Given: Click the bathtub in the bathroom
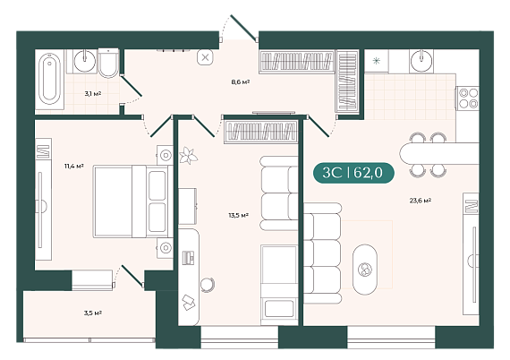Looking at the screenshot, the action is [x=49, y=80].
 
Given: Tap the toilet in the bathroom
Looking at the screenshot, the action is [x=108, y=64].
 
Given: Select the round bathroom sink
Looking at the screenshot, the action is [x=85, y=61].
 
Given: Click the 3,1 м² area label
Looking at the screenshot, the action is [x=93, y=94].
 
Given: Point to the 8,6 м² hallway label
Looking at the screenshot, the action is [x=241, y=81].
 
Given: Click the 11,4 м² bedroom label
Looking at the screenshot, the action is [x=74, y=166].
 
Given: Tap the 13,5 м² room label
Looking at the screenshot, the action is [x=238, y=215].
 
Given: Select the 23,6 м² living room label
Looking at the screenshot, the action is [x=421, y=201].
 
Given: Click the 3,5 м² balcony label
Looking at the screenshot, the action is [x=93, y=313].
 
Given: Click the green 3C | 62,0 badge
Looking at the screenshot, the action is [x=353, y=173].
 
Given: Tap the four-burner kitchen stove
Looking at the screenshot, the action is [x=468, y=98].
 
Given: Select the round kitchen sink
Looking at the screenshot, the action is [x=421, y=61].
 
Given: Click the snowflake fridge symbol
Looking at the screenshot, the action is [x=377, y=61].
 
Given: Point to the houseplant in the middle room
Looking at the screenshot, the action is [x=188, y=155].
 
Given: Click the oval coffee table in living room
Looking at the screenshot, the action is [x=365, y=270].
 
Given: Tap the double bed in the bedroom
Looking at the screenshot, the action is [x=133, y=201].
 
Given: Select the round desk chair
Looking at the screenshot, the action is [x=208, y=285].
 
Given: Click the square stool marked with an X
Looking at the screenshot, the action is [x=205, y=58].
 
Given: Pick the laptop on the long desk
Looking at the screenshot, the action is [x=188, y=257].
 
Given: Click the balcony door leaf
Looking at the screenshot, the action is [x=132, y=276].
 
